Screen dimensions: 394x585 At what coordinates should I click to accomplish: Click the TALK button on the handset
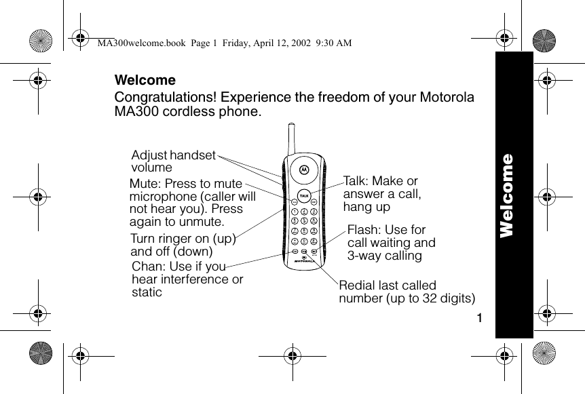coord(304,195)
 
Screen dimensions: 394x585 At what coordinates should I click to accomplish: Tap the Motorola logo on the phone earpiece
coord(304,168)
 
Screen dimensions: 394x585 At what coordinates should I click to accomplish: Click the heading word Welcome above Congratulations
coord(145,80)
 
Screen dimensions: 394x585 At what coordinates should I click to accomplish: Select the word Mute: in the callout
coord(145,184)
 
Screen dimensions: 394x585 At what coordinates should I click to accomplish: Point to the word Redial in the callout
coord(356,285)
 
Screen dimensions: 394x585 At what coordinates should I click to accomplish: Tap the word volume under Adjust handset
coord(151,168)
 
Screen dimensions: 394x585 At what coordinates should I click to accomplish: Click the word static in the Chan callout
coord(147,292)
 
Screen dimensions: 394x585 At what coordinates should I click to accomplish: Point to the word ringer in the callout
coord(174,239)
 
